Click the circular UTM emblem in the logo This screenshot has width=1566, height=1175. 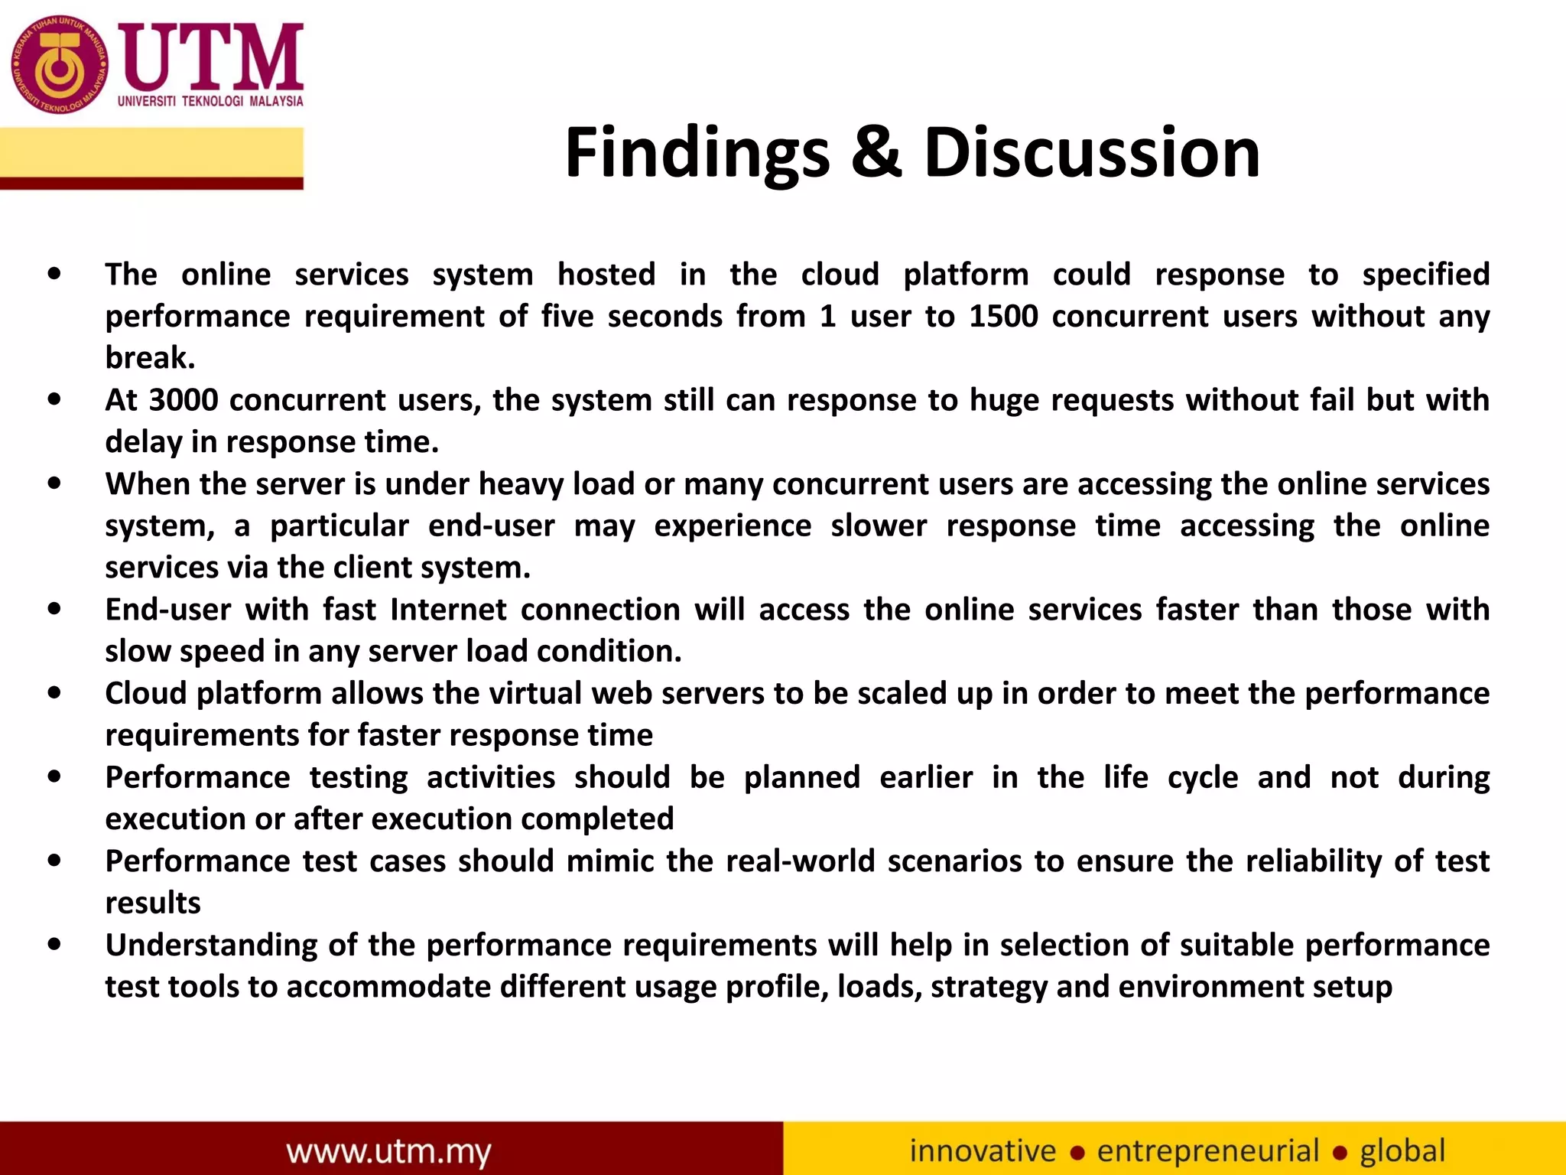coord(59,65)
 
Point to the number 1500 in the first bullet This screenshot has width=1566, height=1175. coord(1003,316)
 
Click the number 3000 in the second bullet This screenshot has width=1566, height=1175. coord(184,400)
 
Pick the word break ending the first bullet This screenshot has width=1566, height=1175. coord(149,358)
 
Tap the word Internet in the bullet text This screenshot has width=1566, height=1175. coord(448,610)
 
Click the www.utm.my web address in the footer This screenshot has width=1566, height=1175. coord(388,1151)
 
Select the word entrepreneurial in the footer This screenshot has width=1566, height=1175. coord(1208,1151)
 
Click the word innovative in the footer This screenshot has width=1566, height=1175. coord(983,1151)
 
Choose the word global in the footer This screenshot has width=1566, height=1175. coord(1402,1151)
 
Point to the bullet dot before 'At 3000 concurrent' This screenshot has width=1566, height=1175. coord(54,399)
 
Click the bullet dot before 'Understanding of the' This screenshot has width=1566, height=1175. coord(54,944)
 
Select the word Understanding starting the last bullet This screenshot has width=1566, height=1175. coord(210,946)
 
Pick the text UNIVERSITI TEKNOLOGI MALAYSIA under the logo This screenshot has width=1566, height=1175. coord(210,101)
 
